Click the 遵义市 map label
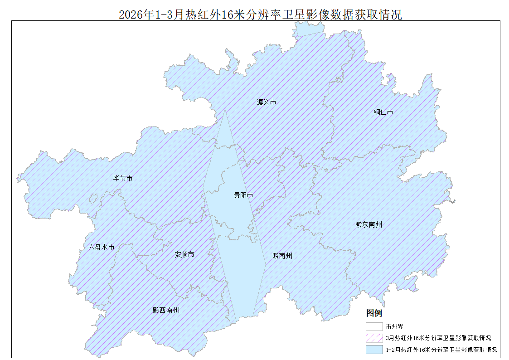(x=267, y=102)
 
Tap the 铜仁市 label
(x=383, y=112)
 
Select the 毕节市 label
(x=123, y=178)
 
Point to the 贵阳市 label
(x=243, y=195)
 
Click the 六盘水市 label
(x=101, y=247)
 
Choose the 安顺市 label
(x=184, y=254)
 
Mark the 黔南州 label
(x=282, y=256)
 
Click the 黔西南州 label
(x=166, y=310)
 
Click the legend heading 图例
(x=374, y=313)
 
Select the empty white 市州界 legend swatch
(x=374, y=326)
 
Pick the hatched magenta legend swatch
(x=374, y=338)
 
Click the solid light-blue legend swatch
(x=374, y=350)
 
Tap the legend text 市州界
(x=394, y=326)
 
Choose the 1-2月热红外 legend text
(x=441, y=350)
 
